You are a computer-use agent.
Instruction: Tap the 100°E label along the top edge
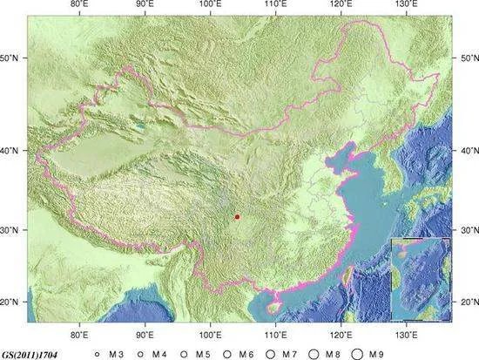click(x=210, y=5)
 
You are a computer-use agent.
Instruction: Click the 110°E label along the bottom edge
click(x=275, y=334)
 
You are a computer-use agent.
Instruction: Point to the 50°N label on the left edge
click(x=12, y=58)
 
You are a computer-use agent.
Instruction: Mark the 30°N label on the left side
click(x=12, y=229)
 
